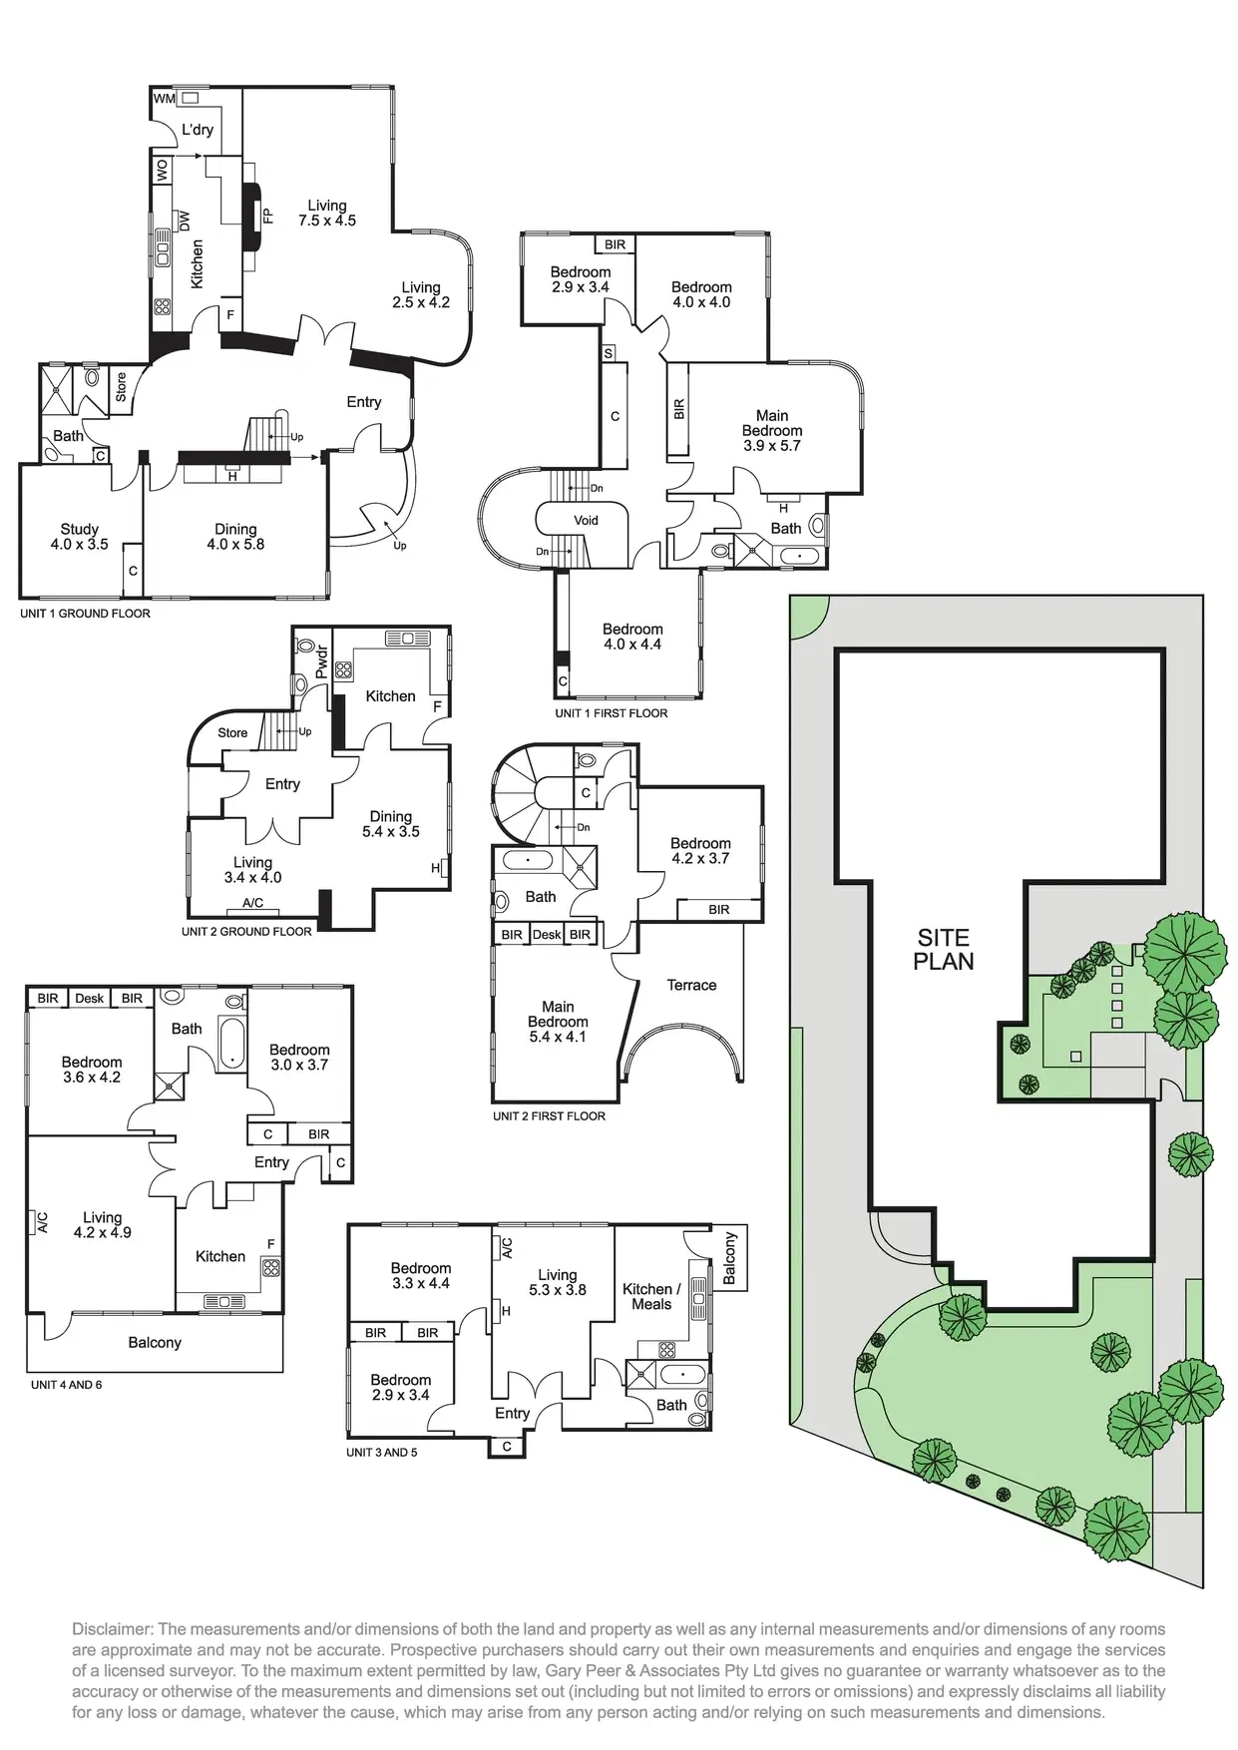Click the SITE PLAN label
pos(943,949)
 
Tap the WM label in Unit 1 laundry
pos(164,99)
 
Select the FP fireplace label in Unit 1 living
pos(267,216)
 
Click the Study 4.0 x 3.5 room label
pos(80,537)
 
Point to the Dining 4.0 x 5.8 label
pos(235,537)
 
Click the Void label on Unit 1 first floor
pos(586,520)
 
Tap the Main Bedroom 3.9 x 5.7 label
pos(772,430)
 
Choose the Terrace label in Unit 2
pos(691,985)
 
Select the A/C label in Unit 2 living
pos(252,903)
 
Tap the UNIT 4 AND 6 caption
pos(66,1385)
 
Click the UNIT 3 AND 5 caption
pos(382,1452)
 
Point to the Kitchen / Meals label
pos(651,1296)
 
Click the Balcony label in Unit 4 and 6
pos(155,1342)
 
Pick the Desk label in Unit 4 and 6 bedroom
pos(90,998)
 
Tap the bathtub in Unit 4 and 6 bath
pos(231,1044)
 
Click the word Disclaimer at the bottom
pos(111,1629)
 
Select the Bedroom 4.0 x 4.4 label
pos(632,637)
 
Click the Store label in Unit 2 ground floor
pos(232,732)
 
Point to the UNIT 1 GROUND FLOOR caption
pos(85,613)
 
